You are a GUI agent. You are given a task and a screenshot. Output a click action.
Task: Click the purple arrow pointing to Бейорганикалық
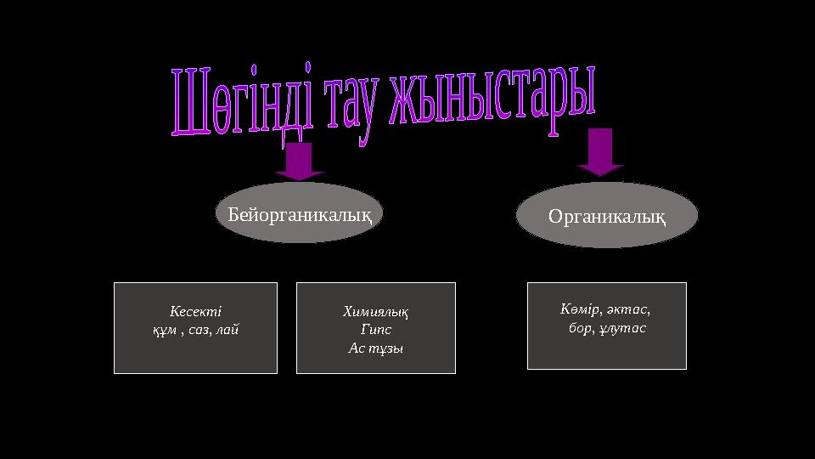(299, 161)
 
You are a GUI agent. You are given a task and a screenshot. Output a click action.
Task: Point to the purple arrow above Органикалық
(600, 151)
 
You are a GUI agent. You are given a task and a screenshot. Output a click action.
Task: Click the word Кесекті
(194, 312)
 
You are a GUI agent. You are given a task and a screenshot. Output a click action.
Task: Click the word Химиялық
(375, 312)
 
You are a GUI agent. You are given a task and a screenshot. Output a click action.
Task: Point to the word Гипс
(376, 330)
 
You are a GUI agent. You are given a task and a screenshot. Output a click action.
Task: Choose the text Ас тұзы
(376, 348)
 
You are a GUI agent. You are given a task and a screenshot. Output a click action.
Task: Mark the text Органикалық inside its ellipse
(607, 217)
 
